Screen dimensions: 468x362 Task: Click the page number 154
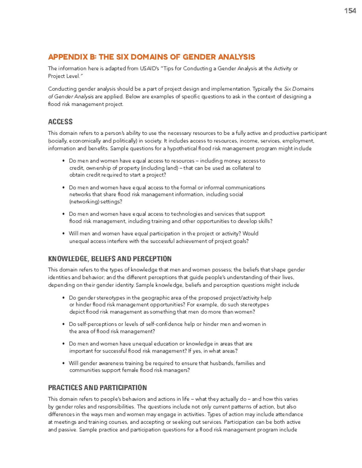350,11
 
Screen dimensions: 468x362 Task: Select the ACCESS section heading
60,122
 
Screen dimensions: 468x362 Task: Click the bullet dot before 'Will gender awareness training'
63,363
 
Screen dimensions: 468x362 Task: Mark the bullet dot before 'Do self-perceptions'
63,324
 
